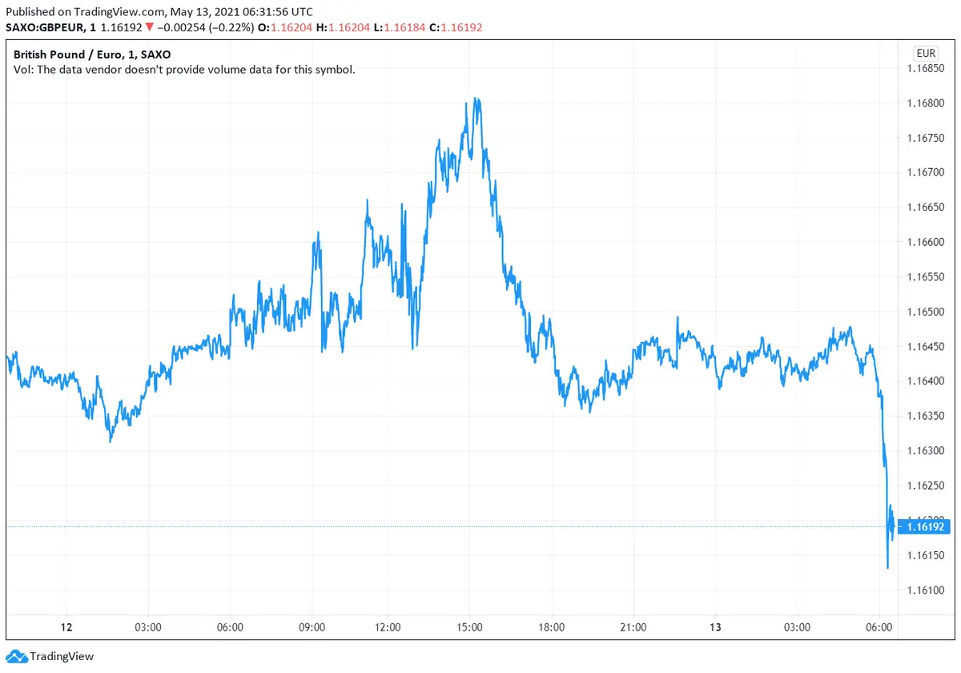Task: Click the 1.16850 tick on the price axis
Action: [x=927, y=68]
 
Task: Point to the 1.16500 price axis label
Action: [x=927, y=312]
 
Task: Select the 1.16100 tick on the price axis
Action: [x=927, y=590]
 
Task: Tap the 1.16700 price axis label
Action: [x=927, y=172]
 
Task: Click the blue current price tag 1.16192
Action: [x=926, y=527]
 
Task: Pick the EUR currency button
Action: [x=926, y=54]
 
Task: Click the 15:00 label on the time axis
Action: [x=469, y=627]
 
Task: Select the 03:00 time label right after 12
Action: [x=148, y=627]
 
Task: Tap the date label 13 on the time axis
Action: [x=716, y=627]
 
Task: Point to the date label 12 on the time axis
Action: [x=66, y=627]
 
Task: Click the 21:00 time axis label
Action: [x=633, y=627]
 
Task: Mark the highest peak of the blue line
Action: [x=476, y=99]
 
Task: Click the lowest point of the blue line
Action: [x=888, y=568]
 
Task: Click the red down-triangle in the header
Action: [x=150, y=26]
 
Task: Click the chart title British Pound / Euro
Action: [x=66, y=54]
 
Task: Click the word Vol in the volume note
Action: [x=23, y=70]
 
